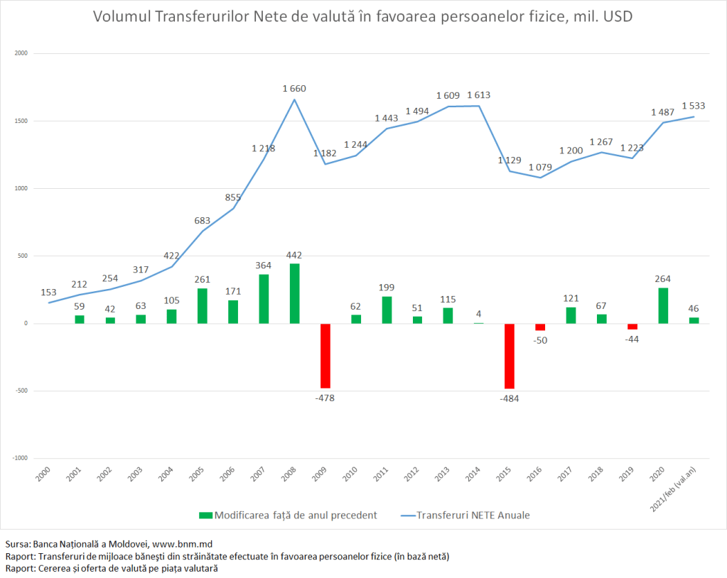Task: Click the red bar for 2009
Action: point(325,356)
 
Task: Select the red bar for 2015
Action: point(509,356)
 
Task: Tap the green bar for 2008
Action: point(294,293)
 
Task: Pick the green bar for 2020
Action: point(663,305)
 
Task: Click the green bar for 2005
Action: point(202,306)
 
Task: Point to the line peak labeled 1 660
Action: point(294,99)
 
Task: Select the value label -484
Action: point(510,398)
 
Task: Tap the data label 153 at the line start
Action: point(48,292)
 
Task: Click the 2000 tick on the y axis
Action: point(21,53)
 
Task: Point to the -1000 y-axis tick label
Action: point(19,458)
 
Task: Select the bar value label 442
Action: point(294,255)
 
